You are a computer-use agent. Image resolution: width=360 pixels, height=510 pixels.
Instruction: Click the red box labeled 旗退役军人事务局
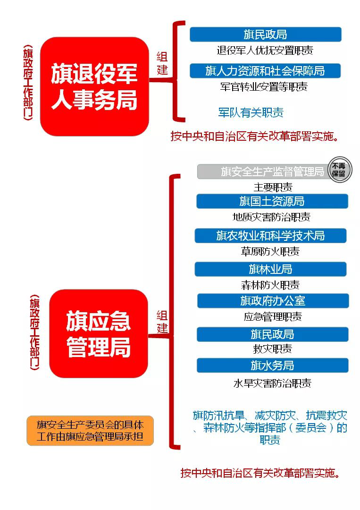pyautogui.click(x=94, y=86)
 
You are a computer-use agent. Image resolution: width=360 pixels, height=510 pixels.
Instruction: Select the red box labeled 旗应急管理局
pyautogui.click(x=99, y=333)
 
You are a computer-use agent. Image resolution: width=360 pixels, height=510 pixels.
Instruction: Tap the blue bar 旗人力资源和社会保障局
pyautogui.click(x=265, y=70)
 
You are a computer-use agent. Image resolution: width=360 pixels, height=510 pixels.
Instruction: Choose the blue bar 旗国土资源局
pyautogui.click(x=272, y=201)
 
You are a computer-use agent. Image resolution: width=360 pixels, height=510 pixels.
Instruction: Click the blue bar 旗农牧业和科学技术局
pyautogui.click(x=270, y=236)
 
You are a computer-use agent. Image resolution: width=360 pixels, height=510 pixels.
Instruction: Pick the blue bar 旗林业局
pyautogui.click(x=270, y=269)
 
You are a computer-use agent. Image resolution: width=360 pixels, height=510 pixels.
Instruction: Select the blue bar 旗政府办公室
pyautogui.click(x=273, y=301)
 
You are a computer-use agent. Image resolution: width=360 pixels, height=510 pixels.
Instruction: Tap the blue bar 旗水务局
pyautogui.click(x=272, y=365)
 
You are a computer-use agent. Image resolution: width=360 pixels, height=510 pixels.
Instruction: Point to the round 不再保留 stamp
pyautogui.click(x=340, y=170)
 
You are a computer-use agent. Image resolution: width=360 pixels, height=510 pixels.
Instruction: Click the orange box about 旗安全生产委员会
pyautogui.click(x=90, y=430)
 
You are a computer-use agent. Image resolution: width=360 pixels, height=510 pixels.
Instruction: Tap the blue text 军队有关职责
pyautogui.click(x=251, y=112)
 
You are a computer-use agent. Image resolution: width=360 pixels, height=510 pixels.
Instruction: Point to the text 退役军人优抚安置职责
pyautogui.click(x=265, y=51)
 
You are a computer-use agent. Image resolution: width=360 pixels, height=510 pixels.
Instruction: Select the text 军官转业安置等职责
pyautogui.click(x=264, y=87)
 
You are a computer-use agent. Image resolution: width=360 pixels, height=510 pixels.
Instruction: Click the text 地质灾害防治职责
pyautogui.click(x=272, y=217)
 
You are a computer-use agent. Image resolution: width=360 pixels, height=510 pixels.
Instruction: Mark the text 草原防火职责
pyautogui.click(x=270, y=251)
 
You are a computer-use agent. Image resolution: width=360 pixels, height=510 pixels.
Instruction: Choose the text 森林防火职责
pyautogui.click(x=270, y=285)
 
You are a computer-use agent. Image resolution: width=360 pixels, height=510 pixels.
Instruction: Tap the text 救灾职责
pyautogui.click(x=272, y=348)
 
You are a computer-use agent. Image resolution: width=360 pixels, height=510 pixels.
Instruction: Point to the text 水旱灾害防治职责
pyautogui.click(x=272, y=383)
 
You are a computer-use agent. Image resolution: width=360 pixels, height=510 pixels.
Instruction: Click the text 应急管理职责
pyautogui.click(x=273, y=316)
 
